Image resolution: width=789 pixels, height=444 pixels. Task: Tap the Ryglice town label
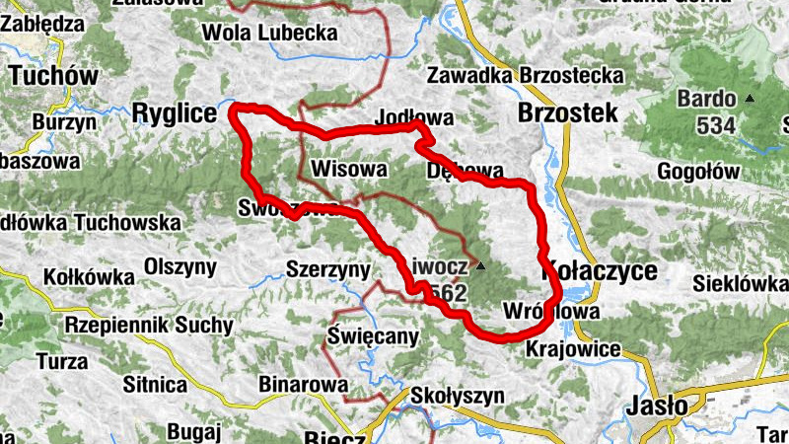pos(174,115)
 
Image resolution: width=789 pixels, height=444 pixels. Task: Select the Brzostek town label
pos(568,112)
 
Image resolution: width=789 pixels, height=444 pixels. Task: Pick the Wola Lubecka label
pos(269,33)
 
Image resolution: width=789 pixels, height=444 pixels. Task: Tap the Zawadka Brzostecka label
pos(526,75)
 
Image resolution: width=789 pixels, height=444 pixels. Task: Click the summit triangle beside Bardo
pos(751,98)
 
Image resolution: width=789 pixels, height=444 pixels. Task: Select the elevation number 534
pos(715,125)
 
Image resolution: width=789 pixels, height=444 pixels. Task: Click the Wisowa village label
pos(348,169)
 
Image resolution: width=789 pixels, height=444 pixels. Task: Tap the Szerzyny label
pos(327,268)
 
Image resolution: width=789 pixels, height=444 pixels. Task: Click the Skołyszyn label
pos(459,396)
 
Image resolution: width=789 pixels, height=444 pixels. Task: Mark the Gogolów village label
pos(697,171)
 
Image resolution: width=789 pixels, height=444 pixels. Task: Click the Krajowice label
pos(573,349)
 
